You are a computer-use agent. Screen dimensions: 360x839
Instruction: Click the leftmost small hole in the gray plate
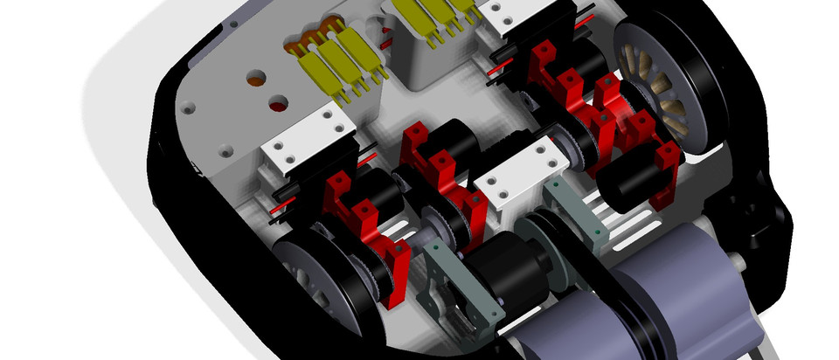click(186, 110)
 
